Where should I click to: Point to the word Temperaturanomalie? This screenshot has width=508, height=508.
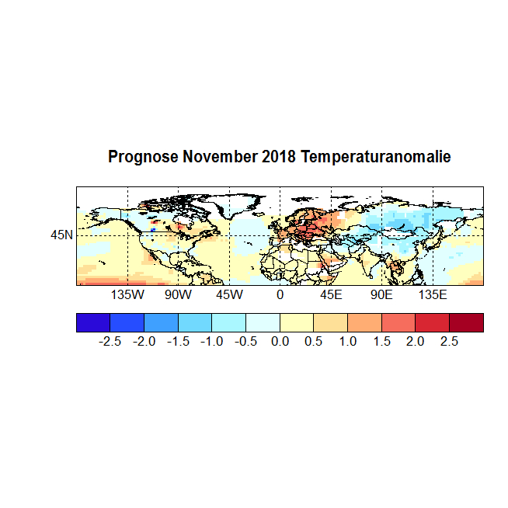click(376, 158)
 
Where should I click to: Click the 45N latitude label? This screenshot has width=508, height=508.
click(62, 235)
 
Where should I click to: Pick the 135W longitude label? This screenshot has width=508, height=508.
click(127, 296)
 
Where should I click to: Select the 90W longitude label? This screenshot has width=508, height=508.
click(178, 296)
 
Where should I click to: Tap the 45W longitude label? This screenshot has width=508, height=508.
click(229, 296)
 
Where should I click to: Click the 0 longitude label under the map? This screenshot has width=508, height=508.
click(280, 296)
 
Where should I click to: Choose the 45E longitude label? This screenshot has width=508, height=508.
click(331, 296)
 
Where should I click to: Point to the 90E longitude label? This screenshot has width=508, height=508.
click(381, 296)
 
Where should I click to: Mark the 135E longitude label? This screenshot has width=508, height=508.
click(433, 296)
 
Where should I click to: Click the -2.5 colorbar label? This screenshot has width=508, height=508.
click(110, 342)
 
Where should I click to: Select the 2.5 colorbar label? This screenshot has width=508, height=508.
click(450, 342)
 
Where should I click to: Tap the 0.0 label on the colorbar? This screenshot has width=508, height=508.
click(280, 342)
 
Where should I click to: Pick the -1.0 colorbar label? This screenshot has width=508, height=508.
click(212, 342)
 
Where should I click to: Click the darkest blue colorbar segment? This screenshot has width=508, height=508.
click(93, 322)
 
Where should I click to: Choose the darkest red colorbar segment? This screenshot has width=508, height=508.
click(466, 322)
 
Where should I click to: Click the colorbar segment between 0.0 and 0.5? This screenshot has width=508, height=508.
click(297, 322)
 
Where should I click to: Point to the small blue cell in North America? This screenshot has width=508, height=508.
click(154, 230)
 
